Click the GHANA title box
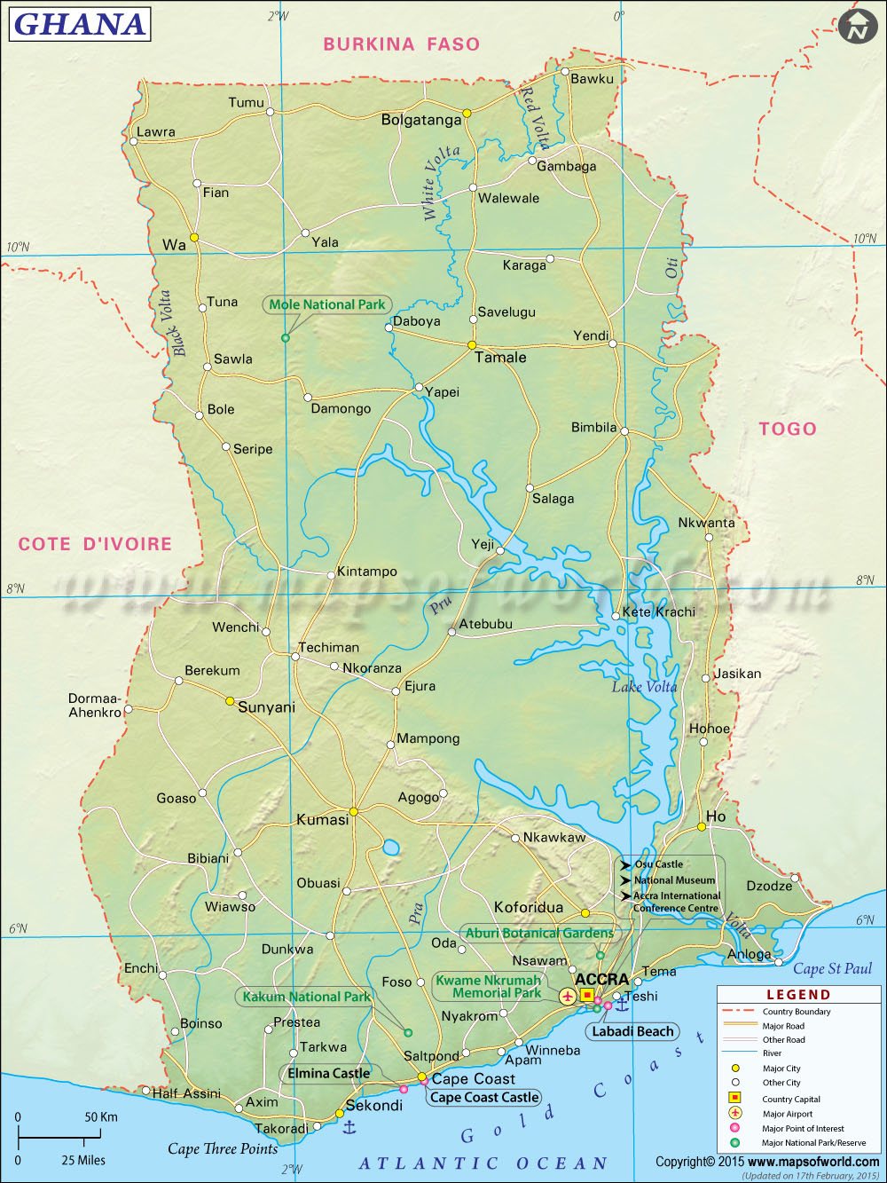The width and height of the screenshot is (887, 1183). tap(79, 24)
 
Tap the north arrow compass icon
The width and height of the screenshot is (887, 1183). tap(857, 26)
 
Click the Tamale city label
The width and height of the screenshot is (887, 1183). tap(500, 358)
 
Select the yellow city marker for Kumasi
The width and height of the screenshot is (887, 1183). tap(353, 811)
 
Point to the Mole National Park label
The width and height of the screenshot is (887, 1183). tap(327, 304)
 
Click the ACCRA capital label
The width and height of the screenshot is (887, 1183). tap(601, 980)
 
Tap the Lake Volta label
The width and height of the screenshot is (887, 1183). tap(644, 686)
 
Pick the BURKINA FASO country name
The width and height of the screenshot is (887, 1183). tap(401, 43)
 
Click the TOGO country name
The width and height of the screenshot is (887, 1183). tap(787, 429)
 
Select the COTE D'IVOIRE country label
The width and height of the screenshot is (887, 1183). tap(95, 544)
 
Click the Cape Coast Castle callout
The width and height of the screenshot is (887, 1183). tap(484, 1098)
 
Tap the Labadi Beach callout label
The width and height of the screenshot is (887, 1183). tap(632, 1031)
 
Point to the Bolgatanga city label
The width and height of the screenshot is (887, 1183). tap(421, 120)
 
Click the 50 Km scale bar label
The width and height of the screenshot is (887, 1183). tap(101, 1116)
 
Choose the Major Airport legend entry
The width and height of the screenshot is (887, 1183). tap(787, 1114)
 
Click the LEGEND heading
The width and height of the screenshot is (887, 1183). tap(798, 995)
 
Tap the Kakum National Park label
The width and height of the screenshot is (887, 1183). tap(306, 997)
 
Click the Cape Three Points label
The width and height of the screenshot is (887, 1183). tap(223, 1149)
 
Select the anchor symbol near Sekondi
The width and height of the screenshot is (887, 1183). tap(349, 1127)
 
